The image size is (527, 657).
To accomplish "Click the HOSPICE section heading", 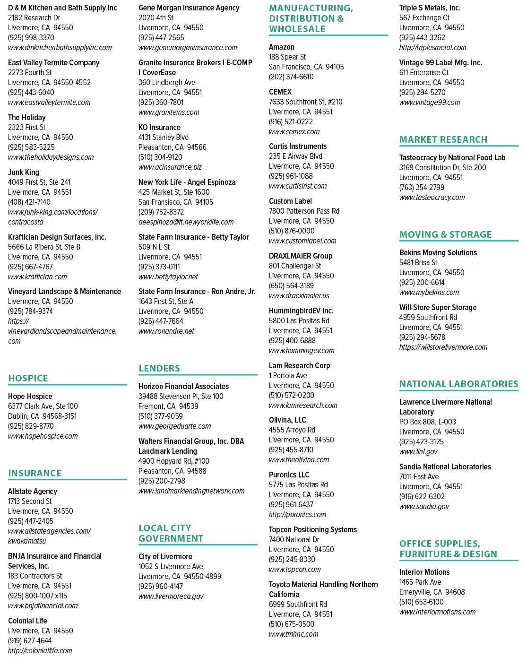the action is point(28,378).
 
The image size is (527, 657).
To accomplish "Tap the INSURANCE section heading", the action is point(35,473).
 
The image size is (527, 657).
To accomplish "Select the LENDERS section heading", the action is point(159,368).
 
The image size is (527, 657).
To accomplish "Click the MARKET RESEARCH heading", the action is point(443,139).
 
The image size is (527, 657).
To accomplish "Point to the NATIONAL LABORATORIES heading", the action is point(459,384).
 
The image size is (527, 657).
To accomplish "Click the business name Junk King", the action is point(24,172).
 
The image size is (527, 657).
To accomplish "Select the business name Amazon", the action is point(282,47).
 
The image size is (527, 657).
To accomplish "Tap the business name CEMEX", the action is point(280,92).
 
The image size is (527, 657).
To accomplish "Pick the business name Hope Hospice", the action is point(30,396).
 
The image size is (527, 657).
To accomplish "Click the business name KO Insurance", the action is point(159,127).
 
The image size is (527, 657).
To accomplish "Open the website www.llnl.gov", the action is point(418,451).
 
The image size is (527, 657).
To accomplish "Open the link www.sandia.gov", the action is point(424,507).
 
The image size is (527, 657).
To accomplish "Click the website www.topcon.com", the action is point(294,570).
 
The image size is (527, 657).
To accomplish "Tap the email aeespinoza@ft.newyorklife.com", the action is point(186,222).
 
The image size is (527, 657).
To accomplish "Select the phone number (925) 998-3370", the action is point(31,37).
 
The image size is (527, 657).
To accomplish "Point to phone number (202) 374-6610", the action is point(291,77).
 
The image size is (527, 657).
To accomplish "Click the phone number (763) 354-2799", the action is point(422,188).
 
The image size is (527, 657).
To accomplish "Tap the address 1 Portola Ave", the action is point(288,375).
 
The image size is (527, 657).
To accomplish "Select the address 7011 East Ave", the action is point(419,476).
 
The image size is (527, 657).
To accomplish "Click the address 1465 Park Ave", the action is point(420,582).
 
